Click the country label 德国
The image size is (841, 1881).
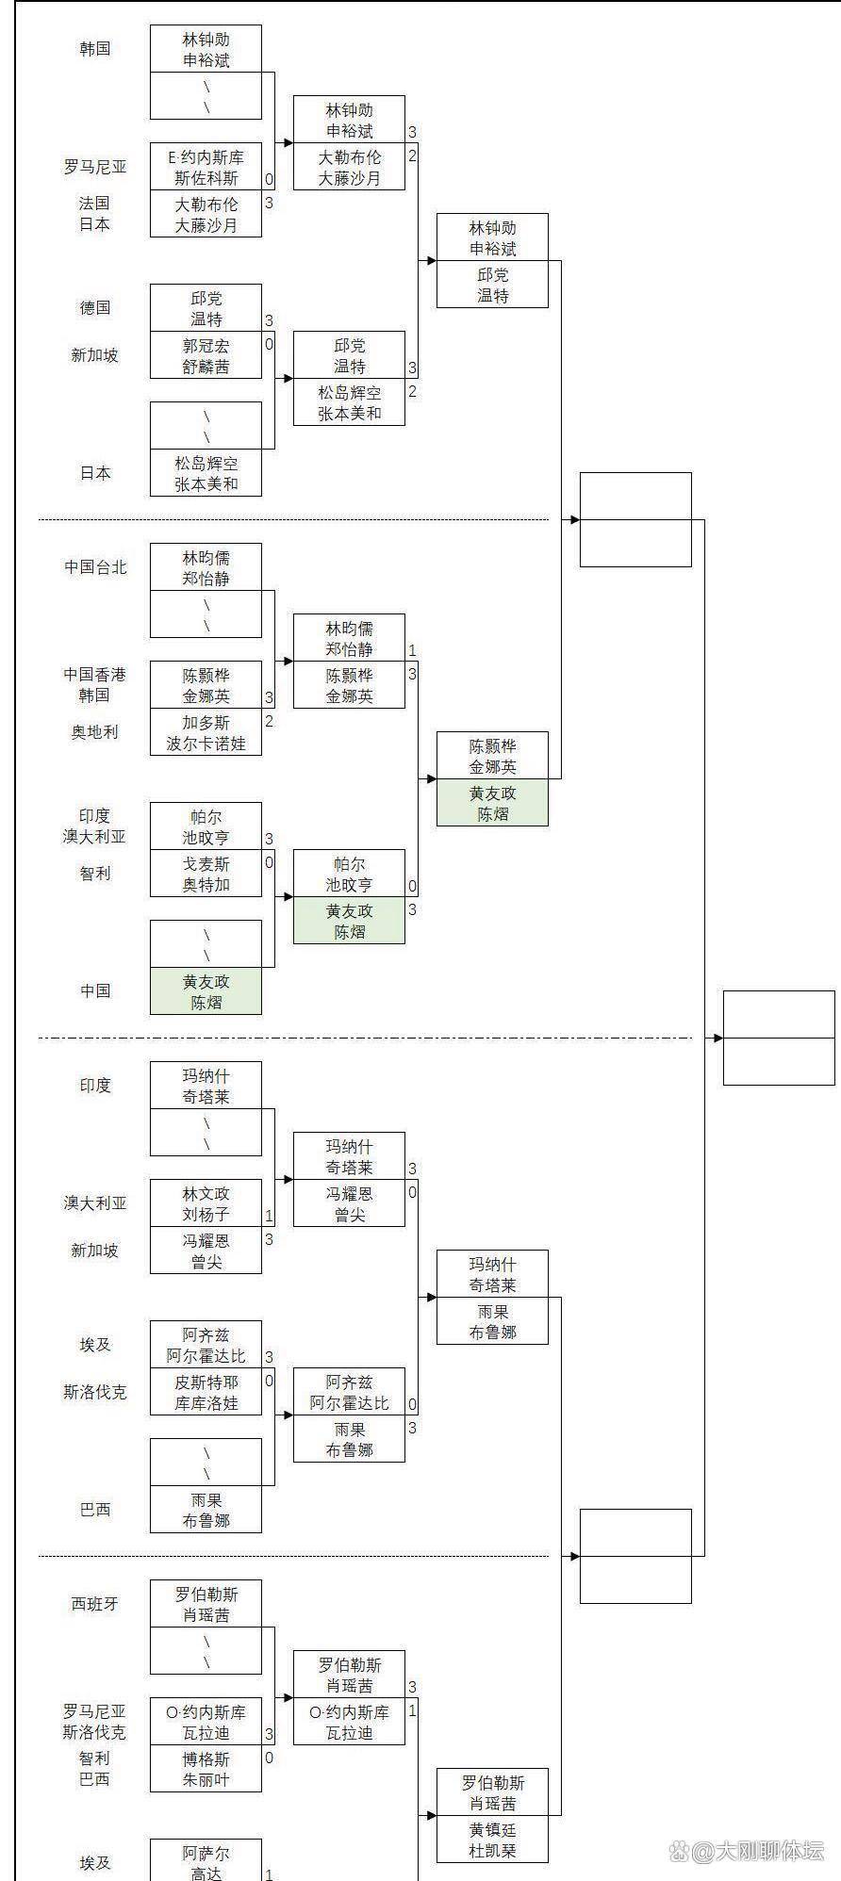pos(95,308)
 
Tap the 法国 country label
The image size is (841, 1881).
pos(94,204)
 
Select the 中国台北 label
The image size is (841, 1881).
pos(95,567)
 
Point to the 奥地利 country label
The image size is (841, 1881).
pos(95,732)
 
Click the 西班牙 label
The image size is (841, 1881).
pos(95,1604)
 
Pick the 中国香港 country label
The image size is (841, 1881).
pos(94,675)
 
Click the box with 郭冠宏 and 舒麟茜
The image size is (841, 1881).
pos(206,356)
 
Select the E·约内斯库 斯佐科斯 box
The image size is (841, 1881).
pos(206,168)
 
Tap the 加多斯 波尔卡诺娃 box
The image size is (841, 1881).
pos(206,733)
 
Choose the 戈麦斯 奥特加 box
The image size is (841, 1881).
pos(206,875)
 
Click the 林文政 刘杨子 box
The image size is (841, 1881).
pos(206,1204)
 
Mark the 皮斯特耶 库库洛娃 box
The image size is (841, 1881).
pos(206,1393)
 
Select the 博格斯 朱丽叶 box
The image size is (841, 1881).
pos(206,1770)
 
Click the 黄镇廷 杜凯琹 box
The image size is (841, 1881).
pos(492,1840)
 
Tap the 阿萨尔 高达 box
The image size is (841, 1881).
pos(206,1862)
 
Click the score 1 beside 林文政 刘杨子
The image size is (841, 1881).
pos(269,1217)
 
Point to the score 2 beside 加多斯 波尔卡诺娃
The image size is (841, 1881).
pos(269,722)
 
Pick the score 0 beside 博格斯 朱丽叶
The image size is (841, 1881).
pos(269,1758)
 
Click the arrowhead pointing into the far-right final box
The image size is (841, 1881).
pos(717,1039)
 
